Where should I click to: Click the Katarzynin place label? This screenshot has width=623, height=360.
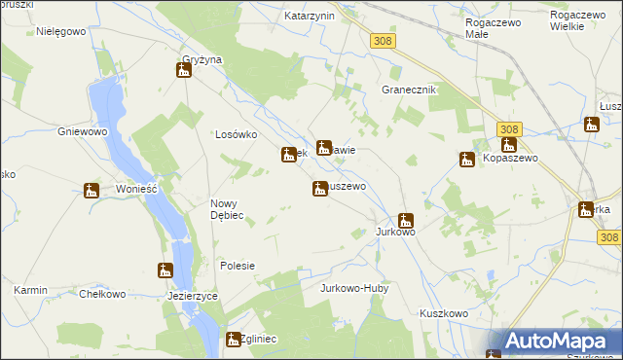pyautogui.click(x=310, y=17)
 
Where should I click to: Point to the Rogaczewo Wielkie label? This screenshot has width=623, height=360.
pyautogui.click(x=580, y=20)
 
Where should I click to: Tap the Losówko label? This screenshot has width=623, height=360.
pyautogui.click(x=235, y=135)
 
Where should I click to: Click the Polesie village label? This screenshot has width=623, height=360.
pyautogui.click(x=238, y=266)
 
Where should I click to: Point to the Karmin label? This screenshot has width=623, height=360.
pyautogui.click(x=32, y=291)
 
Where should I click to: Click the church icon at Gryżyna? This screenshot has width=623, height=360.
pyautogui.click(x=183, y=70)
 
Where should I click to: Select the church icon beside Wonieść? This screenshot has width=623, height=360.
pyautogui.click(x=92, y=191)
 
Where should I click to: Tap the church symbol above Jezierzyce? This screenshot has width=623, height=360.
pyautogui.click(x=165, y=270)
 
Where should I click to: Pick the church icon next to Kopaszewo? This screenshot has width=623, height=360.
pyautogui.click(x=467, y=160)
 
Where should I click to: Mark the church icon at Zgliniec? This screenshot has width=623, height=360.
pyautogui.click(x=233, y=340)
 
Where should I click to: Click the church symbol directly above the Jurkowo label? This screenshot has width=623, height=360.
pyautogui.click(x=405, y=221)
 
